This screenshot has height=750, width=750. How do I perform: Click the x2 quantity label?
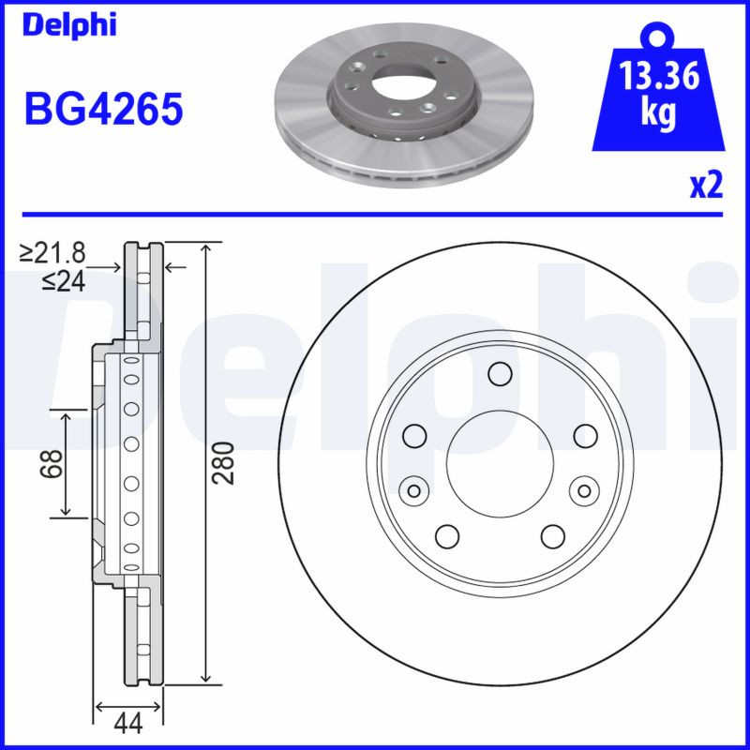pyautogui.click(x=706, y=186)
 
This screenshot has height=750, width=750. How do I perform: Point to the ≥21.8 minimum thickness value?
pyautogui.click(x=54, y=252)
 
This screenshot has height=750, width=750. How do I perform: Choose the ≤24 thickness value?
pyautogui.click(x=63, y=279)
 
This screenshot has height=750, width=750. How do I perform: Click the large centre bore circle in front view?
pyautogui.click(x=499, y=462)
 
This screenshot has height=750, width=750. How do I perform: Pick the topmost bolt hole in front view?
pyautogui.click(x=499, y=375)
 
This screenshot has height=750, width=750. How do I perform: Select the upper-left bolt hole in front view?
pyautogui.click(x=413, y=435)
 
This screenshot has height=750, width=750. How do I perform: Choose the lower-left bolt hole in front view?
pyautogui.click(x=446, y=535)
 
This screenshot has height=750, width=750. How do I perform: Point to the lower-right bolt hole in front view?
pyautogui.click(x=552, y=535)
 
